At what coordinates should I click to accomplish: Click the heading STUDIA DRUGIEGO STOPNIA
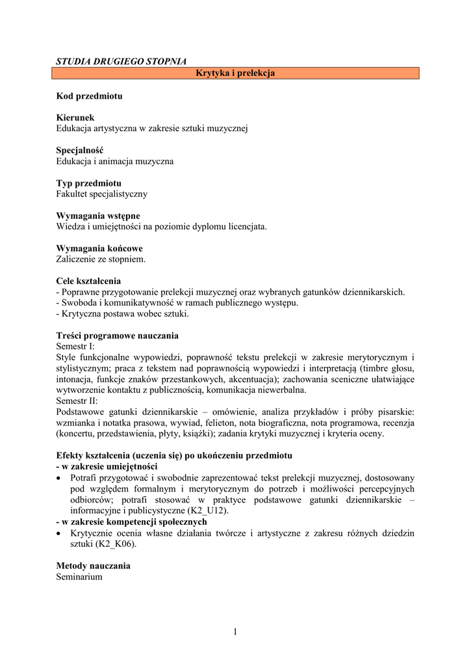(x=121, y=62)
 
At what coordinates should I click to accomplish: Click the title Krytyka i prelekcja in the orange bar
(x=235, y=73)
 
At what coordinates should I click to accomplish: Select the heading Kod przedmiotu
(x=89, y=96)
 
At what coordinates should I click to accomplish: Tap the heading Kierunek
(x=75, y=118)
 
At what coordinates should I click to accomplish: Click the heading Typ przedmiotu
(x=89, y=183)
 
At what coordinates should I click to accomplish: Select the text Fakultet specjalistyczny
(x=102, y=194)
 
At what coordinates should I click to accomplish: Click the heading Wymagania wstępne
(x=98, y=216)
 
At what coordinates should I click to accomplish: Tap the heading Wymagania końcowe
(x=99, y=248)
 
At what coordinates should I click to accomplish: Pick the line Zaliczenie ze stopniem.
(x=101, y=259)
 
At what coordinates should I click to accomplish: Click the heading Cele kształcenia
(x=88, y=281)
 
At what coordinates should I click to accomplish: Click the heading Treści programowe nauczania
(x=117, y=336)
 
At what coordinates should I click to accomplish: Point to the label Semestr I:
(x=75, y=346)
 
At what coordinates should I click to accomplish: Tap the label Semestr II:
(x=77, y=401)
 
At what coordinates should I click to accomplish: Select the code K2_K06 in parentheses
(x=115, y=544)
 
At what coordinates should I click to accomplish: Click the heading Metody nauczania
(x=93, y=566)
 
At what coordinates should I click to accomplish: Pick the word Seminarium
(x=79, y=576)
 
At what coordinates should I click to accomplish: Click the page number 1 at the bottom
(x=235, y=632)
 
